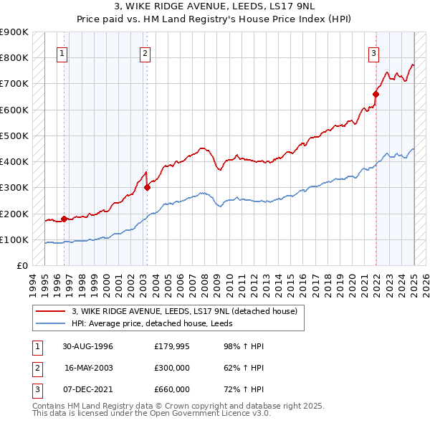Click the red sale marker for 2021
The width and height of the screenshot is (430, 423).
(376, 93)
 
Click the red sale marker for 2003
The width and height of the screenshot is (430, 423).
(147, 188)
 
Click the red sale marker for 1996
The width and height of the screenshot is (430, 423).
(64, 219)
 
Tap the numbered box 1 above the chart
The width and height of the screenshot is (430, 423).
(62, 52)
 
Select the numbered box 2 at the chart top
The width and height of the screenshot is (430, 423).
(145, 52)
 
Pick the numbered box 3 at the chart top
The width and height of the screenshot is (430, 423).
(373, 52)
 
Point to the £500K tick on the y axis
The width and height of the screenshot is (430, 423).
(14, 136)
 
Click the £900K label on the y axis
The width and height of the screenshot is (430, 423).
(14, 32)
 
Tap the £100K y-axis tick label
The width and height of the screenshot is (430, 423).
(14, 239)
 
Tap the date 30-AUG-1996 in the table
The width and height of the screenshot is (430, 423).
(88, 347)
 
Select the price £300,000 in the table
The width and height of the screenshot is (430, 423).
(172, 368)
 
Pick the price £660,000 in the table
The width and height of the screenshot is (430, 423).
(172, 389)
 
